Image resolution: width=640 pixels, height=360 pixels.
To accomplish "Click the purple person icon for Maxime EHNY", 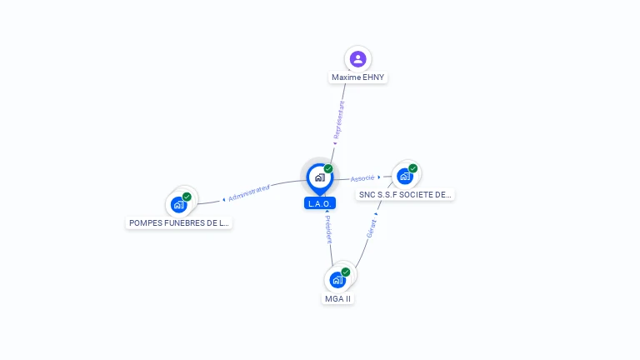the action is pyautogui.click(x=358, y=58).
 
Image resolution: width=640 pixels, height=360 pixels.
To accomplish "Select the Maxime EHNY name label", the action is pyautogui.click(x=358, y=77).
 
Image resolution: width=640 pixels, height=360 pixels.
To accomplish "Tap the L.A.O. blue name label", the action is pyautogui.click(x=320, y=203).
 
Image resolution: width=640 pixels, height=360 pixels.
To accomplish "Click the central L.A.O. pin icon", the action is pyautogui.click(x=319, y=177).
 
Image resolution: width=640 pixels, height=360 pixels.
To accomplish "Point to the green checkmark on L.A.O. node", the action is pyautogui.click(x=328, y=169).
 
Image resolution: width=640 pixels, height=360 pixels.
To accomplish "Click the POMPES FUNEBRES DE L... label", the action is pyautogui.click(x=179, y=223).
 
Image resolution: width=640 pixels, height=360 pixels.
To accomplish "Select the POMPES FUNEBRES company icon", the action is pyautogui.click(x=178, y=204).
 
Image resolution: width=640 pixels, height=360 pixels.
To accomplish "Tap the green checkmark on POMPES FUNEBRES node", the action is pyautogui.click(x=187, y=197).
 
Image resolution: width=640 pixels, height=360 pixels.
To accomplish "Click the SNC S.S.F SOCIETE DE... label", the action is pyautogui.click(x=405, y=195).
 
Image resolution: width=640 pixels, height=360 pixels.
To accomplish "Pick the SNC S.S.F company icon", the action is pyautogui.click(x=405, y=176).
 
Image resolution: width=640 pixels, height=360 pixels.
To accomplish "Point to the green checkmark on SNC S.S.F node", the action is pyautogui.click(x=413, y=168).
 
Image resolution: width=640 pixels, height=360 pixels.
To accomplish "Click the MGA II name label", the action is pyautogui.click(x=337, y=298).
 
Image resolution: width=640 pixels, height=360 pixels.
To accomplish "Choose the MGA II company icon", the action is pyautogui.click(x=337, y=279).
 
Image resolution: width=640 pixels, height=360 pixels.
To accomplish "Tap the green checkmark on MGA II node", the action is pyautogui.click(x=346, y=272).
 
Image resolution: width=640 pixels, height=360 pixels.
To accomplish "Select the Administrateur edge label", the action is pyautogui.click(x=249, y=193).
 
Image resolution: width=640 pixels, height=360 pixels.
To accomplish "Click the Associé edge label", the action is pyautogui.click(x=362, y=178).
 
